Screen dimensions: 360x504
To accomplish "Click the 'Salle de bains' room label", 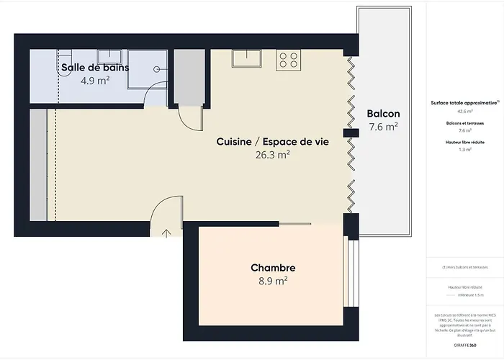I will click(95, 67).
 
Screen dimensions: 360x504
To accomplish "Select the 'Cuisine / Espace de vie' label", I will click(272, 142).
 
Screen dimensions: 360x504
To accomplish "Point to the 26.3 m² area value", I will click(272, 155).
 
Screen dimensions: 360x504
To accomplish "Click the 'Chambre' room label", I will click(272, 268).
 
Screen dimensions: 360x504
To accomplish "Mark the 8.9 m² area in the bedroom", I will click(272, 281).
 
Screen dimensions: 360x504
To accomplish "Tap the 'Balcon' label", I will click(383, 114).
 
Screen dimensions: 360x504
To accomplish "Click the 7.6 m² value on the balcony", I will click(383, 127).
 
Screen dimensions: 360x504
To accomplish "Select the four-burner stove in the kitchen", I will click(289, 59).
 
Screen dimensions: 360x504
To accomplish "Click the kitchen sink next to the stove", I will click(246, 58).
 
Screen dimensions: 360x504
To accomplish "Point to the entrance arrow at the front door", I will click(166, 233).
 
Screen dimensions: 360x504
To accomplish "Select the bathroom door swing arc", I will click(153, 97).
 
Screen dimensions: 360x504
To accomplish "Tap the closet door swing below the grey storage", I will click(188, 119).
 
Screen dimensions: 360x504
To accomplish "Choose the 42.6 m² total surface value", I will click(464, 112).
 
